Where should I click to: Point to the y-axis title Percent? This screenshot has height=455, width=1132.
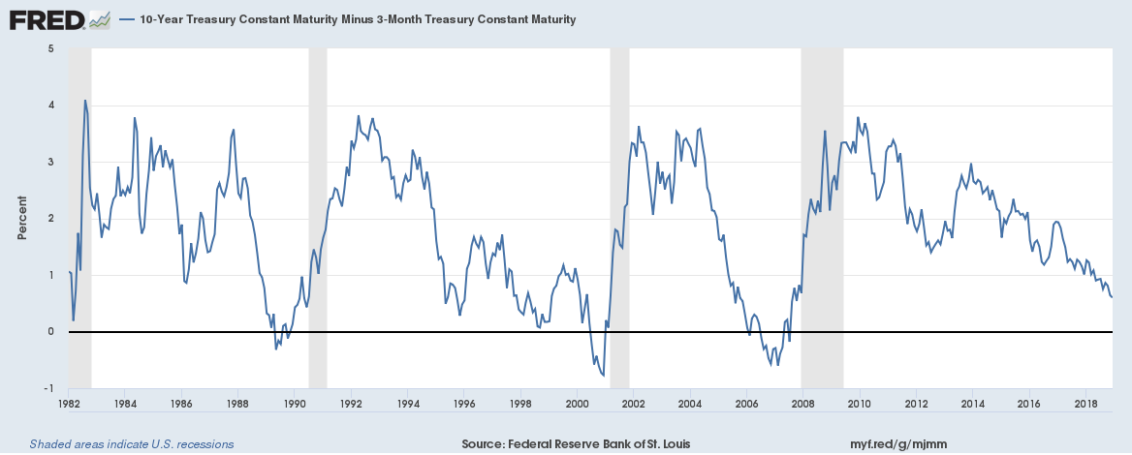22,219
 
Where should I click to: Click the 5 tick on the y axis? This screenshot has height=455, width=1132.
49,47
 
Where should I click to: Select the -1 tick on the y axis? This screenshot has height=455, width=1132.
47,388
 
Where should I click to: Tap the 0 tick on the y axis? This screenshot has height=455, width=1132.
49,331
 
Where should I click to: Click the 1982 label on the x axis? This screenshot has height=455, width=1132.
68,402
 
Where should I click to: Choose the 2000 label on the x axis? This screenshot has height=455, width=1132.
577,402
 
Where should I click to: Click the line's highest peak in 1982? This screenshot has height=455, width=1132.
85,101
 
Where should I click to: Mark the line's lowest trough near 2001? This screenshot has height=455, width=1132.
604,376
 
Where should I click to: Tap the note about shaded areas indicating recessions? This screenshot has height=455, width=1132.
132,444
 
